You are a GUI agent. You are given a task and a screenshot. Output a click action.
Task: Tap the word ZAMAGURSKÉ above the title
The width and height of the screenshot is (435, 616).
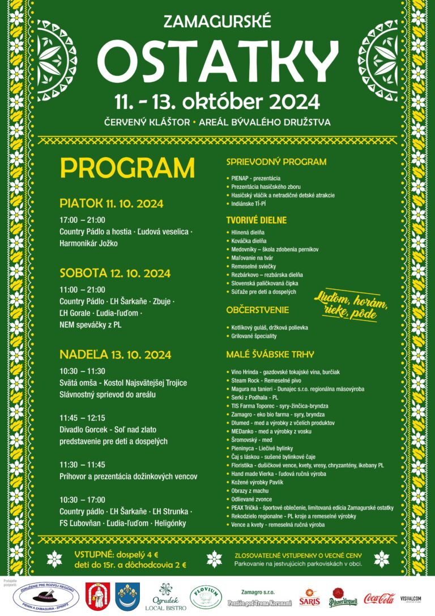(x=217, y=22)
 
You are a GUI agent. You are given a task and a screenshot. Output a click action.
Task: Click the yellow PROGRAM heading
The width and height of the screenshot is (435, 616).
(x=127, y=168)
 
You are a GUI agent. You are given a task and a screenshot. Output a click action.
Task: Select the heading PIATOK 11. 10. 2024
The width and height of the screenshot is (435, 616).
(x=112, y=204)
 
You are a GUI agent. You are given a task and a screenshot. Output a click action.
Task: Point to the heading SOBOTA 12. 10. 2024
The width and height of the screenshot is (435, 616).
(x=115, y=273)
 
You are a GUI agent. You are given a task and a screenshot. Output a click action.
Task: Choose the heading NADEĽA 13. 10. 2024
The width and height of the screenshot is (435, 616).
(x=116, y=355)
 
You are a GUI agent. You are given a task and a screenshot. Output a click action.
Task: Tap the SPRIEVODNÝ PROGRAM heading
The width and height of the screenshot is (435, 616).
(x=276, y=162)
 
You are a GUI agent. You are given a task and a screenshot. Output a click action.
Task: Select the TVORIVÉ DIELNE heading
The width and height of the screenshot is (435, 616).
(x=257, y=220)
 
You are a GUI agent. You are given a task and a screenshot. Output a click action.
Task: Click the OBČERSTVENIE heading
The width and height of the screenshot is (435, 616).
(x=258, y=310)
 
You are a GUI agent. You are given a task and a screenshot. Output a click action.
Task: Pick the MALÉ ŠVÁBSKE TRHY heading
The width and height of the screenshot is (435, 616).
(x=270, y=355)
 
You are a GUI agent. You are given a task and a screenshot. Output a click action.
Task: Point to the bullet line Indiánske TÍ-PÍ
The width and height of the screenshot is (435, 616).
(x=252, y=204)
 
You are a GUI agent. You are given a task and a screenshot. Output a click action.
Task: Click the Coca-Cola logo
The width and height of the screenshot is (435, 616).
(x=379, y=597)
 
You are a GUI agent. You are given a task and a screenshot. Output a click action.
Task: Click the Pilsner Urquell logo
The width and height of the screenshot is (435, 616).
(x=344, y=597)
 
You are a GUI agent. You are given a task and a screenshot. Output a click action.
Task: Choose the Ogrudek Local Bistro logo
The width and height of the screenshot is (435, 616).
(x=166, y=597)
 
